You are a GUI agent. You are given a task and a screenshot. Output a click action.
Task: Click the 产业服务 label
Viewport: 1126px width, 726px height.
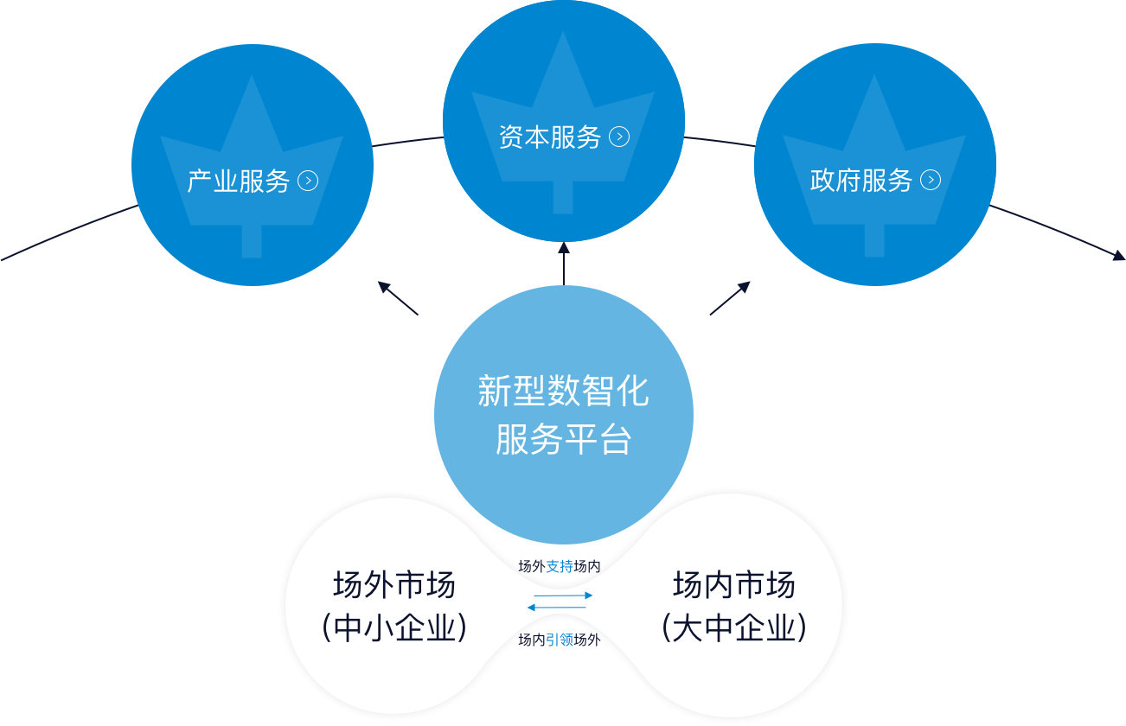239,181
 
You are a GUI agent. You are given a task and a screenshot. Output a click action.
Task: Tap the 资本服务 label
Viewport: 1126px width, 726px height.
550,137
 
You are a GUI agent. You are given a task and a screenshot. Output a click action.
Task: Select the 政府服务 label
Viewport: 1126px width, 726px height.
861,181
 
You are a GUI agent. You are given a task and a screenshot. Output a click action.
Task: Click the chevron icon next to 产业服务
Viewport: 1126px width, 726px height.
308,181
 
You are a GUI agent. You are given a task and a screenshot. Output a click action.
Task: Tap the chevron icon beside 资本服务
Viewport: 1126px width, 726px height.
619,137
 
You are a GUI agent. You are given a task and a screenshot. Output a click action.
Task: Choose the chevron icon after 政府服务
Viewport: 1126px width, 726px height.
931,180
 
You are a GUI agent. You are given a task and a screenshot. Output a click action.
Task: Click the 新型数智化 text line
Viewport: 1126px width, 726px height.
564,391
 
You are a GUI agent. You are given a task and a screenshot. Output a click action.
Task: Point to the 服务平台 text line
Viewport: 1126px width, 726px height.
564,439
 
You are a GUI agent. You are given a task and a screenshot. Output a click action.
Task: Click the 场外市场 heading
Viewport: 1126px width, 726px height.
394,585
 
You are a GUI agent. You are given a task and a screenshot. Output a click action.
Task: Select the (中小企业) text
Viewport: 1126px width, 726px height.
394,627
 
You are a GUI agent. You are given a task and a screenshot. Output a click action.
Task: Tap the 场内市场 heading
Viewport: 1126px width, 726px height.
734,585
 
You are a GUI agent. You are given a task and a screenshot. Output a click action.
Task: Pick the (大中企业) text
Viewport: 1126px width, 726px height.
734,627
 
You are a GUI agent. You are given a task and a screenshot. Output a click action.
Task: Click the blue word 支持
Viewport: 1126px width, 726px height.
560,567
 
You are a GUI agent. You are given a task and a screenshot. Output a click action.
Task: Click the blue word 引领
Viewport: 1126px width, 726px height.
560,640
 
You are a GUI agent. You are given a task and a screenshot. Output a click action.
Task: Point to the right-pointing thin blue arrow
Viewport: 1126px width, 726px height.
564,595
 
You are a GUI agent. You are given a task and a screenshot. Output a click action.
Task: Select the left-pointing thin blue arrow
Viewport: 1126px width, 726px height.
556,608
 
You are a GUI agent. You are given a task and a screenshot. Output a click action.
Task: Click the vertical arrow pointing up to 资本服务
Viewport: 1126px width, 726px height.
564,264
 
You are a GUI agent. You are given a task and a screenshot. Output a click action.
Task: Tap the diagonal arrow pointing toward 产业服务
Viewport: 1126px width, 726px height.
398,298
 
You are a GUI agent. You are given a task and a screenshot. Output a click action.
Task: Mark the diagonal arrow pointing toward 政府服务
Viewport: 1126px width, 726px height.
730,298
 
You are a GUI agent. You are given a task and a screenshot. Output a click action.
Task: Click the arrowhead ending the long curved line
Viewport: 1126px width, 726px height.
1118,255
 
